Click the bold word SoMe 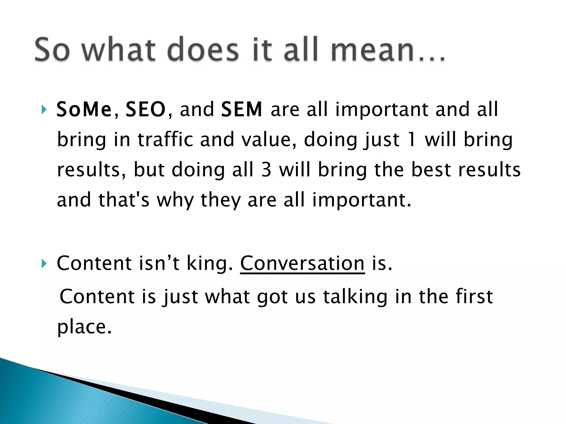click(x=84, y=109)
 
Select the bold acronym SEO click(x=146, y=109)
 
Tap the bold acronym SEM click(x=242, y=109)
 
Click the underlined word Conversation click(x=302, y=263)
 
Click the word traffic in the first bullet click(x=165, y=139)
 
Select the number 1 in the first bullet click(x=412, y=139)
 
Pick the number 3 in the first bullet click(x=266, y=169)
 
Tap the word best click(x=431, y=169)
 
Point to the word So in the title click(x=52, y=50)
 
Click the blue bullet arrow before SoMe click(x=44, y=110)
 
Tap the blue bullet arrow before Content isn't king click(x=44, y=264)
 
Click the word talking click(x=355, y=297)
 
